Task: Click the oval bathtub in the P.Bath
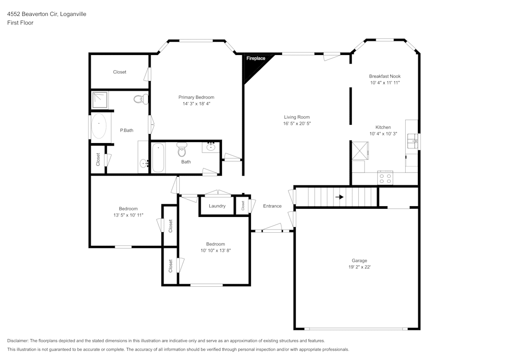(x=99, y=126)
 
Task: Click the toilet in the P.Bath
(x=139, y=99)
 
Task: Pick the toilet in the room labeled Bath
(x=182, y=150)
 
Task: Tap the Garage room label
(x=359, y=260)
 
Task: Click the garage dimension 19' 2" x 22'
(x=359, y=267)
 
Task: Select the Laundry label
(x=217, y=206)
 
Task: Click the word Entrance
(x=272, y=206)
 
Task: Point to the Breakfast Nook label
(x=385, y=76)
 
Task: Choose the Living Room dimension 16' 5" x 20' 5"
(x=297, y=124)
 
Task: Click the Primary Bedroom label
(x=196, y=97)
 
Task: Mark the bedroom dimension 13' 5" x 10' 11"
(x=128, y=215)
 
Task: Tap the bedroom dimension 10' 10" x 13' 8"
(x=215, y=251)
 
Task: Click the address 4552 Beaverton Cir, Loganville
(x=46, y=14)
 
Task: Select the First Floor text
(x=20, y=23)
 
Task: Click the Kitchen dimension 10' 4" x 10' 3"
(x=383, y=134)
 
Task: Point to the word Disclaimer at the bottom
(x=18, y=341)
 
